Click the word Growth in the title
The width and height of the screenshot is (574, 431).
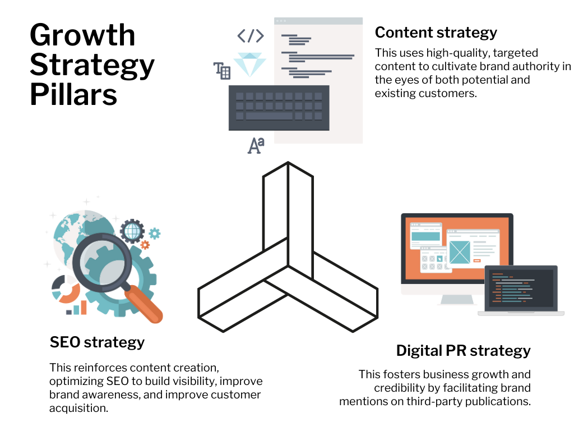tap(82, 35)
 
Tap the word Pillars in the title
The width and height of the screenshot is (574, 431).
tap(73, 94)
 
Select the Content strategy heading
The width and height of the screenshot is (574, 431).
tap(436, 33)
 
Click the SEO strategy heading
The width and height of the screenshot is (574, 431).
tap(97, 342)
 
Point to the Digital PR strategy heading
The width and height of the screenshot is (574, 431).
tap(464, 351)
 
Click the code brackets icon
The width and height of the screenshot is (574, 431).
tap(251, 36)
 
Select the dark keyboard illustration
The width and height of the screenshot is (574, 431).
tap(279, 108)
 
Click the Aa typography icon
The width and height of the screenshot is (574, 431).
tap(256, 145)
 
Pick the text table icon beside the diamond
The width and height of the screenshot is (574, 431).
tap(222, 70)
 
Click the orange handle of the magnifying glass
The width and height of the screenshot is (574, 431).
tap(143, 304)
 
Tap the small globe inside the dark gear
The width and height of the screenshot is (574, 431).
tap(132, 231)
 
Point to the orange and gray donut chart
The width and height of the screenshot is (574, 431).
tap(66, 289)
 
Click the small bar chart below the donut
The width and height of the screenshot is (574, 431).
tap(76, 308)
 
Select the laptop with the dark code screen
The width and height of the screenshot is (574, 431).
tap(521, 290)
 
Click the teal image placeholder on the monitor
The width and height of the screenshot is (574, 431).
tap(460, 252)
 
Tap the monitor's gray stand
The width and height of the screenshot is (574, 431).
tap(457, 300)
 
